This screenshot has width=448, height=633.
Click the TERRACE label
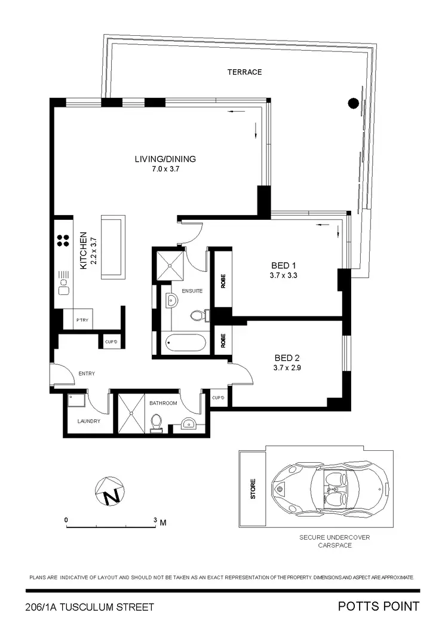[244, 72]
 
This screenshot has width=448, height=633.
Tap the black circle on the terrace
[354, 103]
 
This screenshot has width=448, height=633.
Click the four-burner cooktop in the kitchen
[62, 240]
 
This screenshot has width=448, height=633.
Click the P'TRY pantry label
[82, 321]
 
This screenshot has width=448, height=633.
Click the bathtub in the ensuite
[185, 344]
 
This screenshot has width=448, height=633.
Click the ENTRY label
[87, 374]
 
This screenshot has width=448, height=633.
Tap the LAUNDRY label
[88, 421]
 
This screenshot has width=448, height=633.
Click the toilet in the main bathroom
[157, 422]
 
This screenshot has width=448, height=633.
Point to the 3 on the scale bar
[155, 521]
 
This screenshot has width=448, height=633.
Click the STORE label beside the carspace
[253, 489]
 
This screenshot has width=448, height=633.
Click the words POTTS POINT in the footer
[378, 607]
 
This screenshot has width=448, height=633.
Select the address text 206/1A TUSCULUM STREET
[90, 607]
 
